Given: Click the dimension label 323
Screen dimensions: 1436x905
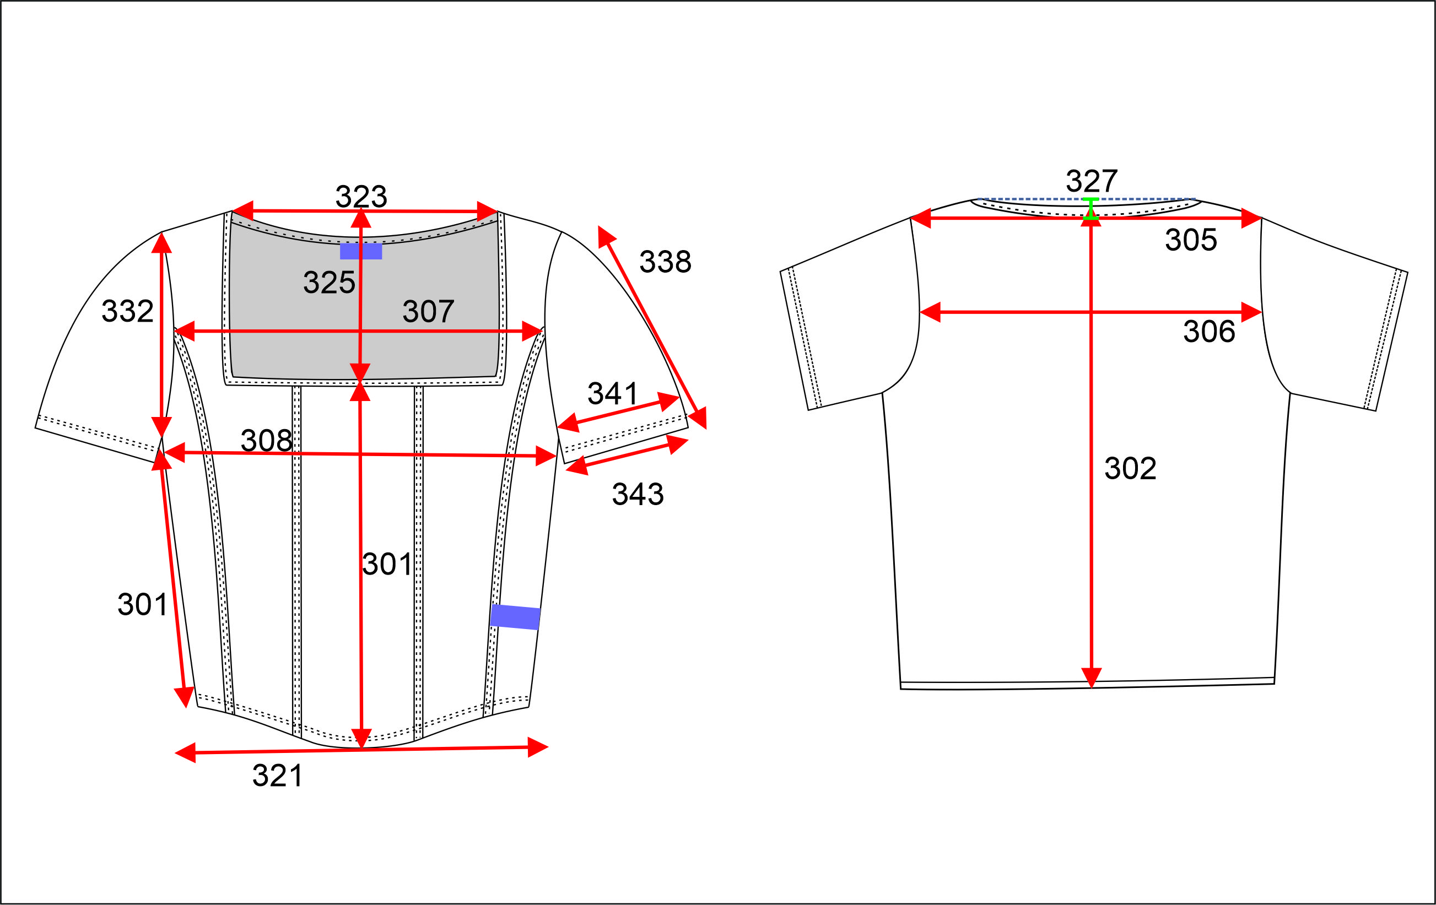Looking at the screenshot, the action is click(x=361, y=196).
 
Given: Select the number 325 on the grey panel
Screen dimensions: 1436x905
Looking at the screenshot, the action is click(x=329, y=282).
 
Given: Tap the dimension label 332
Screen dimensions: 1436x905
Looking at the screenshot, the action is click(x=128, y=311).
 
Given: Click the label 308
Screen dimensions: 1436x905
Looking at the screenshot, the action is click(x=267, y=441).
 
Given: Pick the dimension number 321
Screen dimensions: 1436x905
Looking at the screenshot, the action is click(x=277, y=776).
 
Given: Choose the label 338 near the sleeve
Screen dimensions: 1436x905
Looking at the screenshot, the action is click(x=666, y=261).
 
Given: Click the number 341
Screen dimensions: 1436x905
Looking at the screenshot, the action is click(x=613, y=393).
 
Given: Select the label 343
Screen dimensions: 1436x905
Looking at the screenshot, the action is click(x=638, y=494).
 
